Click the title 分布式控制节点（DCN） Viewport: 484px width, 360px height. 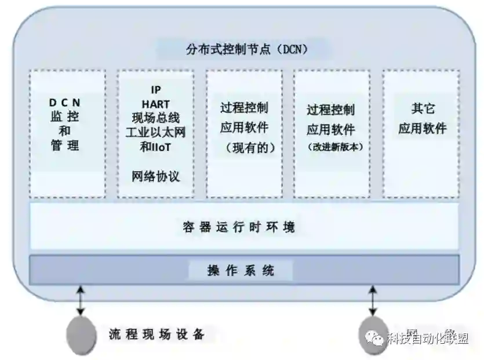click(246, 49)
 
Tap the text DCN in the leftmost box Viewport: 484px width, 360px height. click(65, 103)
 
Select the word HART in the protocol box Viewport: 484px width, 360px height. click(155, 103)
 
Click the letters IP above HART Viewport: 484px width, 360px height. click(155, 90)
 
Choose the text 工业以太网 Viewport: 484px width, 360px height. click(155, 132)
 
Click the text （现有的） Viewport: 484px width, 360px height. click(244, 148)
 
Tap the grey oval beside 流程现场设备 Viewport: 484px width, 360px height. click(81, 334)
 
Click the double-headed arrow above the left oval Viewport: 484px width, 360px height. click(81, 300)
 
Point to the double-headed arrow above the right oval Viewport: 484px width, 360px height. click(372, 300)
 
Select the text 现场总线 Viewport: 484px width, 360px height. click(155, 118)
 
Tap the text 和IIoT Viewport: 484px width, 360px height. click(155, 147)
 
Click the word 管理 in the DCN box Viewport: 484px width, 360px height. click(65, 145)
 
